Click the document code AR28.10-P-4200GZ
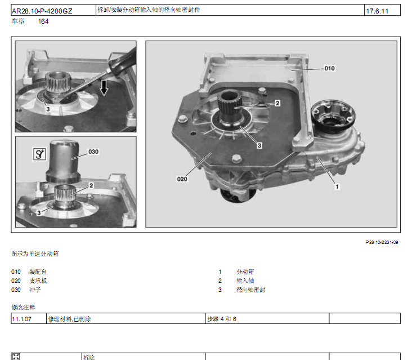[x=42, y=11]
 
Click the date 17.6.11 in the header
[x=377, y=11]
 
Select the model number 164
[x=43, y=21]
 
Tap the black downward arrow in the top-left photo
[x=104, y=88]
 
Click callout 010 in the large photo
[x=329, y=68]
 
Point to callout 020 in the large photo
[x=182, y=179]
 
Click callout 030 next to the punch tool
[x=93, y=152]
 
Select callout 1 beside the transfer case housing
[x=337, y=186]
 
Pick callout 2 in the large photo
[x=277, y=103]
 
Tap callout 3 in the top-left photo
[x=48, y=109]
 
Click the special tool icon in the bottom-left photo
[x=39, y=154]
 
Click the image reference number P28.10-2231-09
[x=382, y=242]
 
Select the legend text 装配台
[x=38, y=272]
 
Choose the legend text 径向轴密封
[x=251, y=290]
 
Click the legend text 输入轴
[x=245, y=281]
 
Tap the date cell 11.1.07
[x=21, y=319]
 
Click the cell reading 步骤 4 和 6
[x=222, y=319]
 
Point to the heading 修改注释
[x=23, y=307]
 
